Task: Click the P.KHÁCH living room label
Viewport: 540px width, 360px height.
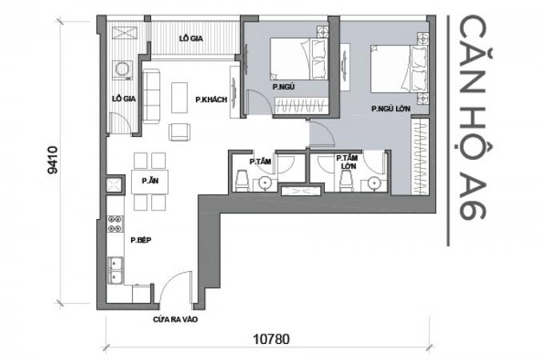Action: pyautogui.click(x=211, y=99)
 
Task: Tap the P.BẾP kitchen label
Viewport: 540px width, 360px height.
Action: pyautogui.click(x=141, y=240)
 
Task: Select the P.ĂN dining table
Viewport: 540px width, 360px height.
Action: pyautogui.click(x=150, y=182)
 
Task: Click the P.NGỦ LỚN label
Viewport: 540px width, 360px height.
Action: pyautogui.click(x=390, y=109)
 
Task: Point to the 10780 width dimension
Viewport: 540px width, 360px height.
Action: pyautogui.click(x=271, y=339)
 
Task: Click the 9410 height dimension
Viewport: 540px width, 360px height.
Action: pyautogui.click(x=53, y=160)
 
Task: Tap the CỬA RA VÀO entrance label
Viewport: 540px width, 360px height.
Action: pyautogui.click(x=175, y=320)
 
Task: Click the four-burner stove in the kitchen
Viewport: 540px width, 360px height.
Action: pyautogui.click(x=115, y=223)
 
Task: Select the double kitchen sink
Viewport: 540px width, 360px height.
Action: pyautogui.click(x=115, y=270)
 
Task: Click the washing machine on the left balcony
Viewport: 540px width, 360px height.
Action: pyautogui.click(x=122, y=70)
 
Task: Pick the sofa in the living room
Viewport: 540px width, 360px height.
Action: pyautogui.click(x=151, y=96)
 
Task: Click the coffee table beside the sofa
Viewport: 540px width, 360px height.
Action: pyautogui.click(x=179, y=98)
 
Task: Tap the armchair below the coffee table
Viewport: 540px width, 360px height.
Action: pyautogui.click(x=179, y=132)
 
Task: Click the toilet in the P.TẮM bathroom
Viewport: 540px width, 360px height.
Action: pyautogui.click(x=242, y=181)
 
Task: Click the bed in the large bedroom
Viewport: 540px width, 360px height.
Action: pyautogui.click(x=399, y=69)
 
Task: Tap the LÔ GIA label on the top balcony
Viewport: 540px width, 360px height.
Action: pyautogui.click(x=190, y=38)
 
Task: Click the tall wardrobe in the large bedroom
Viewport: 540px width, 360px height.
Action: pyautogui.click(x=420, y=157)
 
